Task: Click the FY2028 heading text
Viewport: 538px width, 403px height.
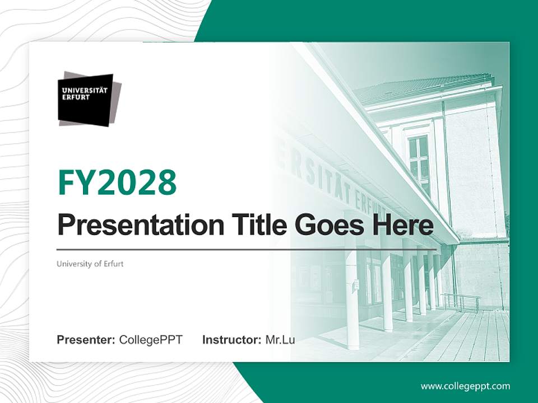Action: click(117, 182)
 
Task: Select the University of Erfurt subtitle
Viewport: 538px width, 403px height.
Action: click(90, 264)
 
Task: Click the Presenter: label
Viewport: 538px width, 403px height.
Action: click(86, 340)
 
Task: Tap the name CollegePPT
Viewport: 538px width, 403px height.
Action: click(151, 340)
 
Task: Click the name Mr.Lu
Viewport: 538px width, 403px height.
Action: click(280, 340)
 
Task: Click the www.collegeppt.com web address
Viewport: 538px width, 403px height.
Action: click(465, 386)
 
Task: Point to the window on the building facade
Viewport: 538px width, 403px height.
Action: click(418, 157)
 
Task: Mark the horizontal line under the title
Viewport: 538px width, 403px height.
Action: click(247, 249)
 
